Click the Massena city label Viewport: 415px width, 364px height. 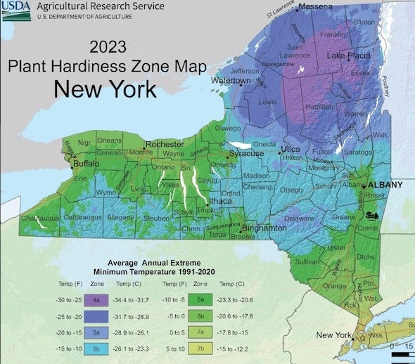tap(319, 7)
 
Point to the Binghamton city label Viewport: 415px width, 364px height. tap(264, 229)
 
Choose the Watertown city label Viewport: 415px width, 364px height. tap(232, 81)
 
